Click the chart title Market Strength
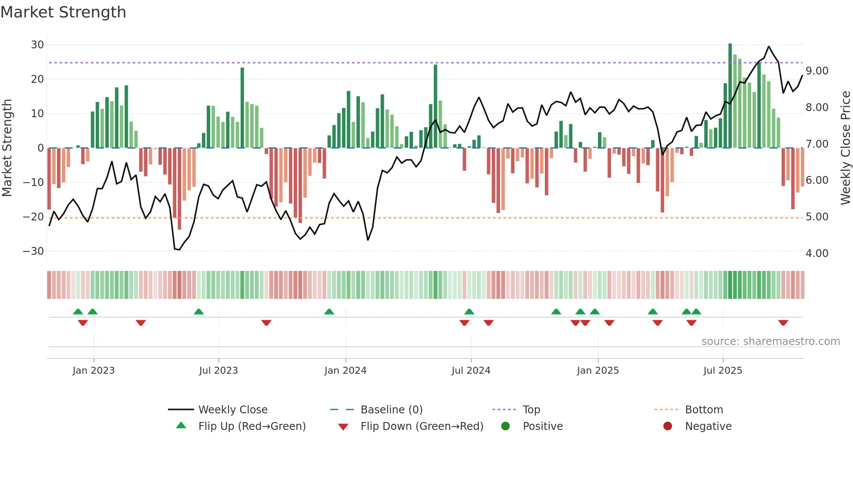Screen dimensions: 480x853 pos(63,12)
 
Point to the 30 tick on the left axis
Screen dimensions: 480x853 pos(37,45)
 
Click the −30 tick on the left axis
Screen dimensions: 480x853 pos(34,251)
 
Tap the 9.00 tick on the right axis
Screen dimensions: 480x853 pos(817,71)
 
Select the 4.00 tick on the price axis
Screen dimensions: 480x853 pos(817,254)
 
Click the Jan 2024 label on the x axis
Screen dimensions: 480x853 pos(346,371)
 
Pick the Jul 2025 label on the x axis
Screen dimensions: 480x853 pos(722,371)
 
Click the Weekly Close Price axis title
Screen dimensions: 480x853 pos(845,148)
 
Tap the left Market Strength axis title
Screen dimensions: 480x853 pos(7,148)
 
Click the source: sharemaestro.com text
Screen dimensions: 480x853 pos(770,341)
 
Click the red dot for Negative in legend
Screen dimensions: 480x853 pos(668,426)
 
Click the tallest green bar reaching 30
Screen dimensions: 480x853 pos(730,96)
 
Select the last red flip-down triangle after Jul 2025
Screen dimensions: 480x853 pos(783,323)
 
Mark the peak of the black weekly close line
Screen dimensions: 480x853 pos(769,47)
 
